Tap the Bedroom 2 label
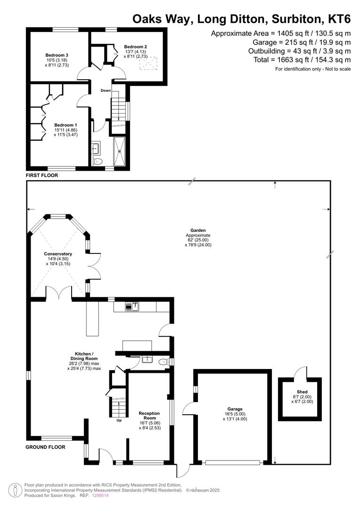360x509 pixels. pos(135,47)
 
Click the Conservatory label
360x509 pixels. pos(58,254)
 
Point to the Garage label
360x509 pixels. pos(235,409)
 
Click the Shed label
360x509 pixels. pos(302,392)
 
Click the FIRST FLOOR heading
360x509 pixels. pos(42,175)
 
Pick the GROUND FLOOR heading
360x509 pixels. pos(45,447)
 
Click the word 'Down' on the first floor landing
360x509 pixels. pos(106,90)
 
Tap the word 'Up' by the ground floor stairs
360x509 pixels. pos(119,420)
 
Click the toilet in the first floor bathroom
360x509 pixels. pos(98,161)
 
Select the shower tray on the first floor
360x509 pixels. pos(120,151)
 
